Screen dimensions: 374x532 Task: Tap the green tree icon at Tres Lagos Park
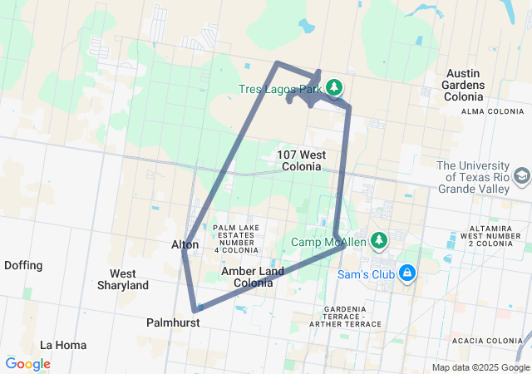333,86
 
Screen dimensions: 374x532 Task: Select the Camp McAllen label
328,242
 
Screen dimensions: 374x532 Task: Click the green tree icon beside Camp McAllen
379,240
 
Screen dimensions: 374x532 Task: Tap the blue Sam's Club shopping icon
407,272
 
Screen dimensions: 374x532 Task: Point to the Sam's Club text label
367,273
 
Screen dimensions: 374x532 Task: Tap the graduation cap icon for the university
521,176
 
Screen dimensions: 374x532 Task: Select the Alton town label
185,244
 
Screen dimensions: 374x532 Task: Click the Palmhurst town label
172,322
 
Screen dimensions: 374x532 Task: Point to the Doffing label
23,265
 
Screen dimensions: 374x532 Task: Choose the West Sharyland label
129,279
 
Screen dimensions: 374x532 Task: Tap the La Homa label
60,344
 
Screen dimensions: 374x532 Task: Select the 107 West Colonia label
301,160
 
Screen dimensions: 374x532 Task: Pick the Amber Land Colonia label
253,277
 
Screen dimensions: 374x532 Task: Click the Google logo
27,364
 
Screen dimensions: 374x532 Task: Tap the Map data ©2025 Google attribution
480,367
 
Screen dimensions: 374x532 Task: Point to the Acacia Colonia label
485,340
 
